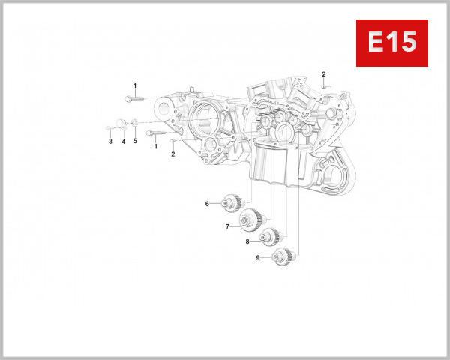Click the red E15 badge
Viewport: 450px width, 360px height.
click(391, 43)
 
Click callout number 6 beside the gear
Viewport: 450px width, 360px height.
click(207, 204)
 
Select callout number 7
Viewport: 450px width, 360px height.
click(226, 226)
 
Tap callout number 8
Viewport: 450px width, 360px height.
click(247, 241)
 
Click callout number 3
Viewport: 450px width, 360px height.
click(109, 141)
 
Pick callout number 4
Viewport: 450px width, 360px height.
click(124, 141)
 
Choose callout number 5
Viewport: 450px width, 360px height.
click(136, 141)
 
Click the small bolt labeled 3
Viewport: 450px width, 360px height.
click(109, 128)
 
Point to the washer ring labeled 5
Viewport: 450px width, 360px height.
click(134, 123)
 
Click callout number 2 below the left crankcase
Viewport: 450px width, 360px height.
click(172, 154)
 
